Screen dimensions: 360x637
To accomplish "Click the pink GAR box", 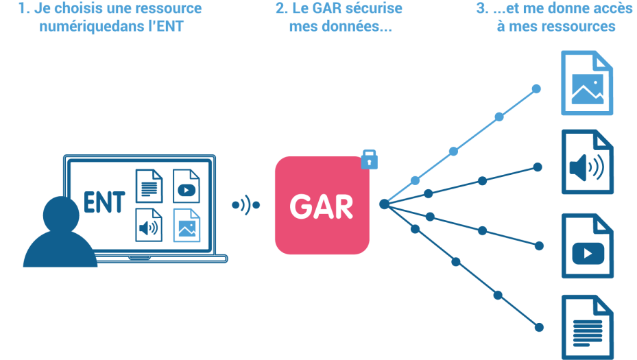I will (x=322, y=206).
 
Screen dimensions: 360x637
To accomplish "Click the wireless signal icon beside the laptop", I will (x=245, y=204).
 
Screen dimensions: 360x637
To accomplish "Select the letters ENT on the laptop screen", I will (x=104, y=204).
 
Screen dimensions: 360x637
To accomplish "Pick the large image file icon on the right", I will (x=587, y=83).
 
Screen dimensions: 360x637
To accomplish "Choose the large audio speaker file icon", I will (x=587, y=163).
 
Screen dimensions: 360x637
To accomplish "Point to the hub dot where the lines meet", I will (x=384, y=204).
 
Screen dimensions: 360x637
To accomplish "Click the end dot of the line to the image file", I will (x=536, y=89).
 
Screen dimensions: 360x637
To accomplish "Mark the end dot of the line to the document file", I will (x=539, y=327).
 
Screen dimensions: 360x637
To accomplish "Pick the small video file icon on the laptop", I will (x=186, y=186).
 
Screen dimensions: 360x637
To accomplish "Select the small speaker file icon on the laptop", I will (x=149, y=225).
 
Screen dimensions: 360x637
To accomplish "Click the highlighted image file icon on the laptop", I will (x=187, y=225).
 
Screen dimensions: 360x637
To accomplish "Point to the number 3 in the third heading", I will (x=480, y=10).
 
